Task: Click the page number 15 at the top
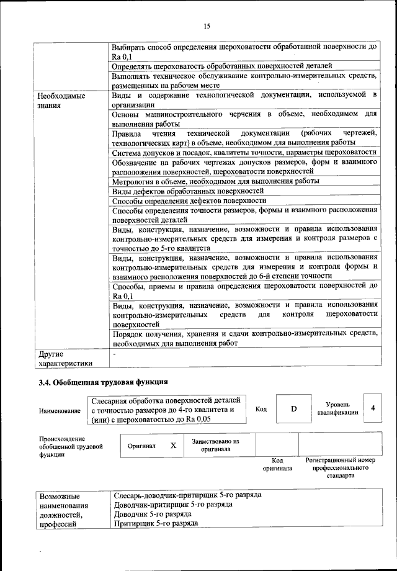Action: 207,25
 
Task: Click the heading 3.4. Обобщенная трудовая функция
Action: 103,381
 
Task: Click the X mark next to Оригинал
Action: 174,446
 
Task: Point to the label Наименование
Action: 60,411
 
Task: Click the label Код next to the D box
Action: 261,410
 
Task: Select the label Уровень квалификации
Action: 337,408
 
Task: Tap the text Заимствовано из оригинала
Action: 215,445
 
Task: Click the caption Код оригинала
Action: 277,465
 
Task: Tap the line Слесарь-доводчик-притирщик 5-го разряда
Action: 187,495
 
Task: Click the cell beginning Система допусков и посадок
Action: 244,152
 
